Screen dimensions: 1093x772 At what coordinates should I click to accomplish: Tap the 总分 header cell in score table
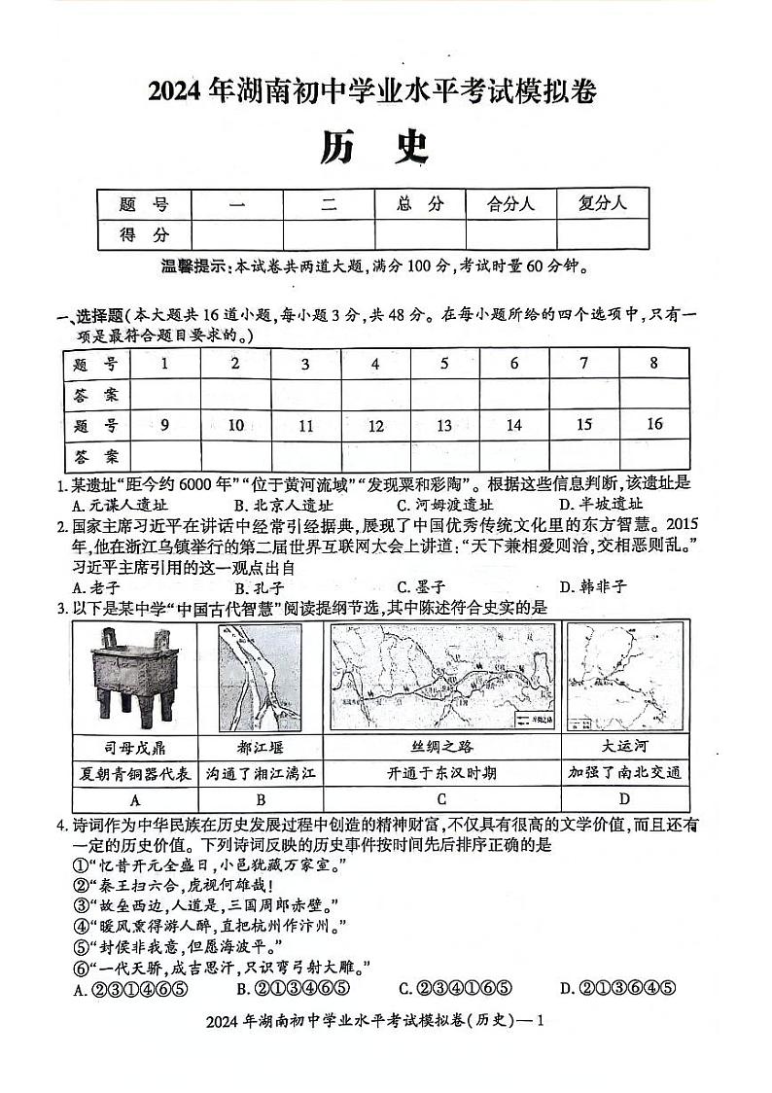point(420,203)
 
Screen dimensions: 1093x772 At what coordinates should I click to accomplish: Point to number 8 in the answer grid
point(653,363)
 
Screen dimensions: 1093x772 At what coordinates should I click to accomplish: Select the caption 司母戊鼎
point(134,747)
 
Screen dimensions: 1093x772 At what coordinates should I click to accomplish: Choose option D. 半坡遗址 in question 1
point(601,505)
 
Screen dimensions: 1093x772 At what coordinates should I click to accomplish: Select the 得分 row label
point(144,234)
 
